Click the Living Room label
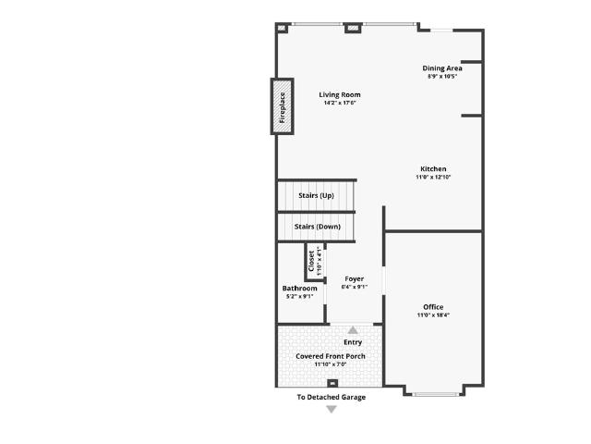tap(340, 94)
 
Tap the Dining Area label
tap(442, 68)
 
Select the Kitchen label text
tap(433, 168)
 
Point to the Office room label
tap(433, 307)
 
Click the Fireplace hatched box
tap(283, 106)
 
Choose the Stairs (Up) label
tap(316, 195)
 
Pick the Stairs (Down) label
tap(318, 227)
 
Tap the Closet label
tap(311, 261)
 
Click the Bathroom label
tap(299, 288)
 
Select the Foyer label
tap(355, 279)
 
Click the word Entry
tap(353, 342)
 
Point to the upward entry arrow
tap(353, 330)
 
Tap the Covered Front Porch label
tap(331, 356)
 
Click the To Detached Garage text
tap(332, 397)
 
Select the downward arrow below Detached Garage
tap(332, 409)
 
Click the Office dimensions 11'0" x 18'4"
tap(433, 315)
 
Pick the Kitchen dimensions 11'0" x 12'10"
tap(433, 177)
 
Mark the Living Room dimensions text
tap(340, 103)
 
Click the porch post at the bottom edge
tap(332, 383)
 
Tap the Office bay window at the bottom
tap(435, 395)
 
